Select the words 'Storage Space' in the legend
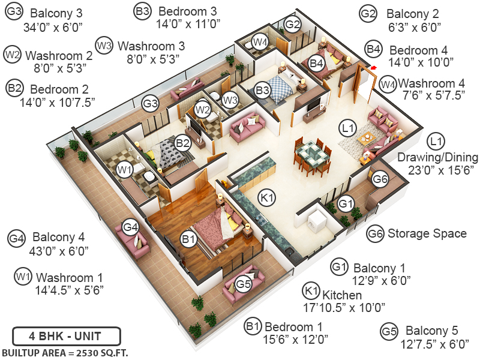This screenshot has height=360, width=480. tap(427, 233)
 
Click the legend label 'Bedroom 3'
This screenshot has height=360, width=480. tap(188, 11)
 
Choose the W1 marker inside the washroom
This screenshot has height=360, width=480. tap(125, 170)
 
